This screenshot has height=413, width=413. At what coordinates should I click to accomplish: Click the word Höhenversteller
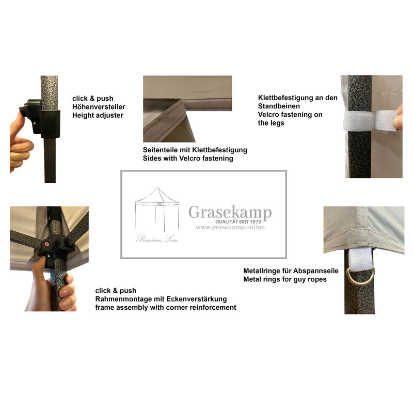coord(99,107)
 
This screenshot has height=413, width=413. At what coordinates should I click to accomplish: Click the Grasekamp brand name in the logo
coord(230,212)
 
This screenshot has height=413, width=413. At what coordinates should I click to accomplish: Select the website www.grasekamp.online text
coord(230,227)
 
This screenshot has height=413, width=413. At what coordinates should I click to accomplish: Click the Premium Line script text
coord(157,239)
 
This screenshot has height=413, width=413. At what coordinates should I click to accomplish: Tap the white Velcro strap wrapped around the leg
coord(370,120)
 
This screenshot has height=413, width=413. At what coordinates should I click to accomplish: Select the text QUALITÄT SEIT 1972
coord(239,222)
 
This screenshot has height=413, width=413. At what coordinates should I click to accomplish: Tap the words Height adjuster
coord(98,115)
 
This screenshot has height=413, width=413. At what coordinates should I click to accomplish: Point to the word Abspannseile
coord(315,271)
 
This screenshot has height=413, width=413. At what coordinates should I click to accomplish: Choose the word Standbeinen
coord(279,106)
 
